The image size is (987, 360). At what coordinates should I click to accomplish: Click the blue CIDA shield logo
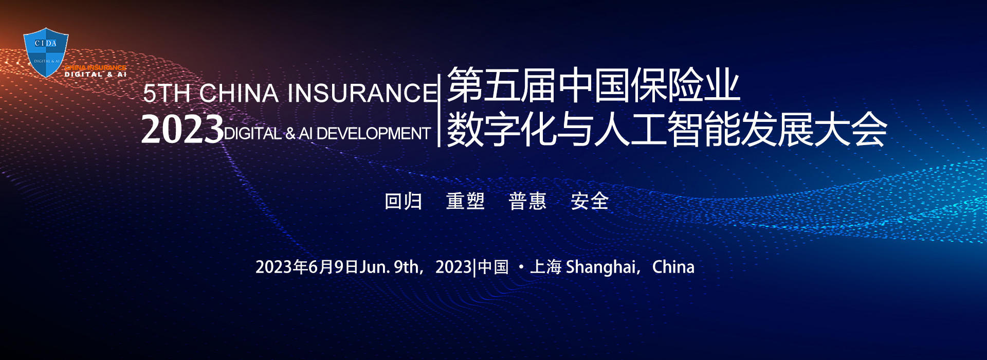point(46,52)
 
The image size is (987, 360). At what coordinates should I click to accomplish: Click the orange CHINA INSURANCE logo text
point(95,67)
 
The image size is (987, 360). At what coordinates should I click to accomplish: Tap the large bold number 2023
point(182,129)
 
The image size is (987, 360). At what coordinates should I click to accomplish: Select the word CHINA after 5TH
point(239,93)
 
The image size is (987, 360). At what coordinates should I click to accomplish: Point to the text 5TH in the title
point(167,93)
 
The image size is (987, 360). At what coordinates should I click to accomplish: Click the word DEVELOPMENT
point(373,134)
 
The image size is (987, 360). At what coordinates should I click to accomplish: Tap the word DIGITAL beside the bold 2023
point(253,134)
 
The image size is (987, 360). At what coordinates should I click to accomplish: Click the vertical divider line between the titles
point(439,111)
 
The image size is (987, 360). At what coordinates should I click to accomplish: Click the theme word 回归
point(404,201)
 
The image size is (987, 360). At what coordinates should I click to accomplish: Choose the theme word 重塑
point(466,201)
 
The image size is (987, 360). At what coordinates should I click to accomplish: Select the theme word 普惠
point(527,201)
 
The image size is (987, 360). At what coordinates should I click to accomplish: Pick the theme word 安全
point(590,201)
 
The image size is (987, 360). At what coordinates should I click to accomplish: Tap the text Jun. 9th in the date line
point(389,267)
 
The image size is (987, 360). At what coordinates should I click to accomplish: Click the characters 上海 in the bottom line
point(546,267)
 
